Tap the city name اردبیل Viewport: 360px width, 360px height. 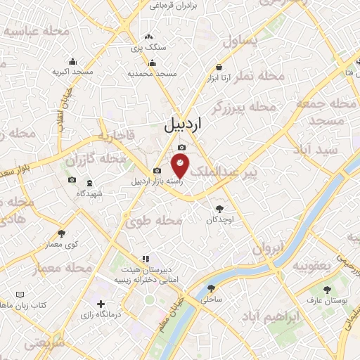pyautogui.click(x=191, y=124)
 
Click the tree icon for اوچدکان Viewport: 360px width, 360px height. pyautogui.click(x=219, y=208)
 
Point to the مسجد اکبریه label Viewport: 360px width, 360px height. pyautogui.click(x=73, y=72)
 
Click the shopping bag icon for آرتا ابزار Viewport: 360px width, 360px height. pyautogui.click(x=219, y=67)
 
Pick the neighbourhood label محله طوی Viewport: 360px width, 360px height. pyautogui.click(x=161, y=220)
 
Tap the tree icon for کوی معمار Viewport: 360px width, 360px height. pyautogui.click(x=62, y=233)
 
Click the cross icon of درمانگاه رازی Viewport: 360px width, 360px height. pyautogui.click(x=102, y=304)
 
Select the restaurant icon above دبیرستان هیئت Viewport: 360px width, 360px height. pyautogui.click(x=146, y=259)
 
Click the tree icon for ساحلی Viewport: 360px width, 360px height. pyautogui.click(x=211, y=288)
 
